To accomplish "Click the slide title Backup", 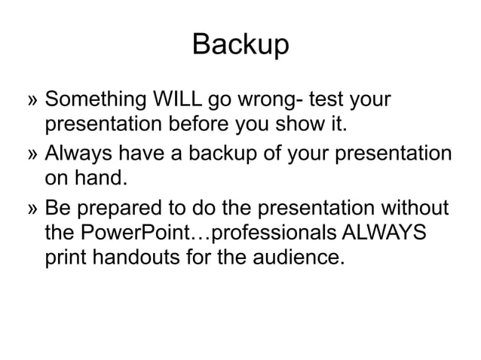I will [x=240, y=44].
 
